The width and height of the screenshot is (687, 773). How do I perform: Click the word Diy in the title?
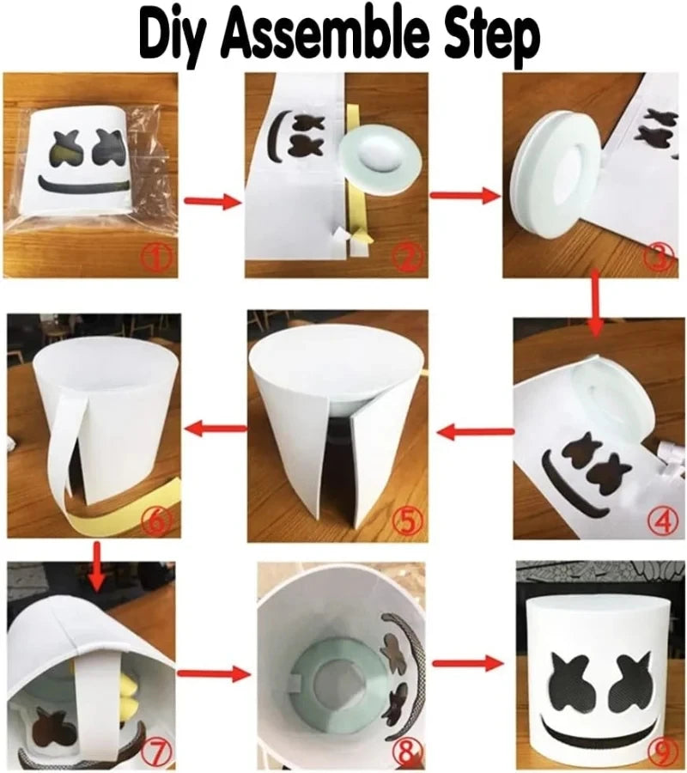coord(181,36)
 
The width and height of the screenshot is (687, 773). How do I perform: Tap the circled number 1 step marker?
coord(156,255)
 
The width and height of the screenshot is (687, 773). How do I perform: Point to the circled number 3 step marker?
coord(659,255)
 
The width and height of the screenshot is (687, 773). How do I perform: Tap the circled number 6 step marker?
coord(160,520)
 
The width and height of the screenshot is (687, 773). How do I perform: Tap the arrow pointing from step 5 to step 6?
coord(214,428)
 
